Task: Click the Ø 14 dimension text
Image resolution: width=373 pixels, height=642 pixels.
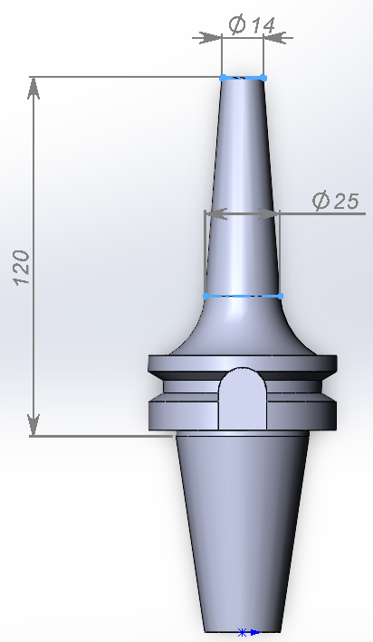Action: click(x=252, y=26)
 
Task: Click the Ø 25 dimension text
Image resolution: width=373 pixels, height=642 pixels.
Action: click(x=335, y=201)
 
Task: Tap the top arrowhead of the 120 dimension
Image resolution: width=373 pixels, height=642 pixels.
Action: click(x=33, y=86)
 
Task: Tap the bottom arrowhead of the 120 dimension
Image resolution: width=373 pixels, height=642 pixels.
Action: click(x=33, y=425)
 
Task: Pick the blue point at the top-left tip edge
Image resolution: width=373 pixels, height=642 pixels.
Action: click(x=222, y=78)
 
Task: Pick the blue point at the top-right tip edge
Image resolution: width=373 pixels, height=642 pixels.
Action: click(x=263, y=78)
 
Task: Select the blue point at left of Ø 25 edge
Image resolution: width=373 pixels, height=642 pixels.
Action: click(x=206, y=296)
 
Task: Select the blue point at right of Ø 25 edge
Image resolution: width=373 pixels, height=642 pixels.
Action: click(x=280, y=296)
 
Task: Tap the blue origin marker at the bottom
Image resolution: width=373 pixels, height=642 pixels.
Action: click(x=243, y=632)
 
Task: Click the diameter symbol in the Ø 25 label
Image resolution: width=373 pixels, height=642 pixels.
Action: click(x=320, y=201)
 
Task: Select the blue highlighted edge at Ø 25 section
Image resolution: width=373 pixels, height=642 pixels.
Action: click(x=243, y=296)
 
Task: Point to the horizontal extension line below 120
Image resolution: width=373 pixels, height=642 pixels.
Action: click(x=100, y=436)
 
